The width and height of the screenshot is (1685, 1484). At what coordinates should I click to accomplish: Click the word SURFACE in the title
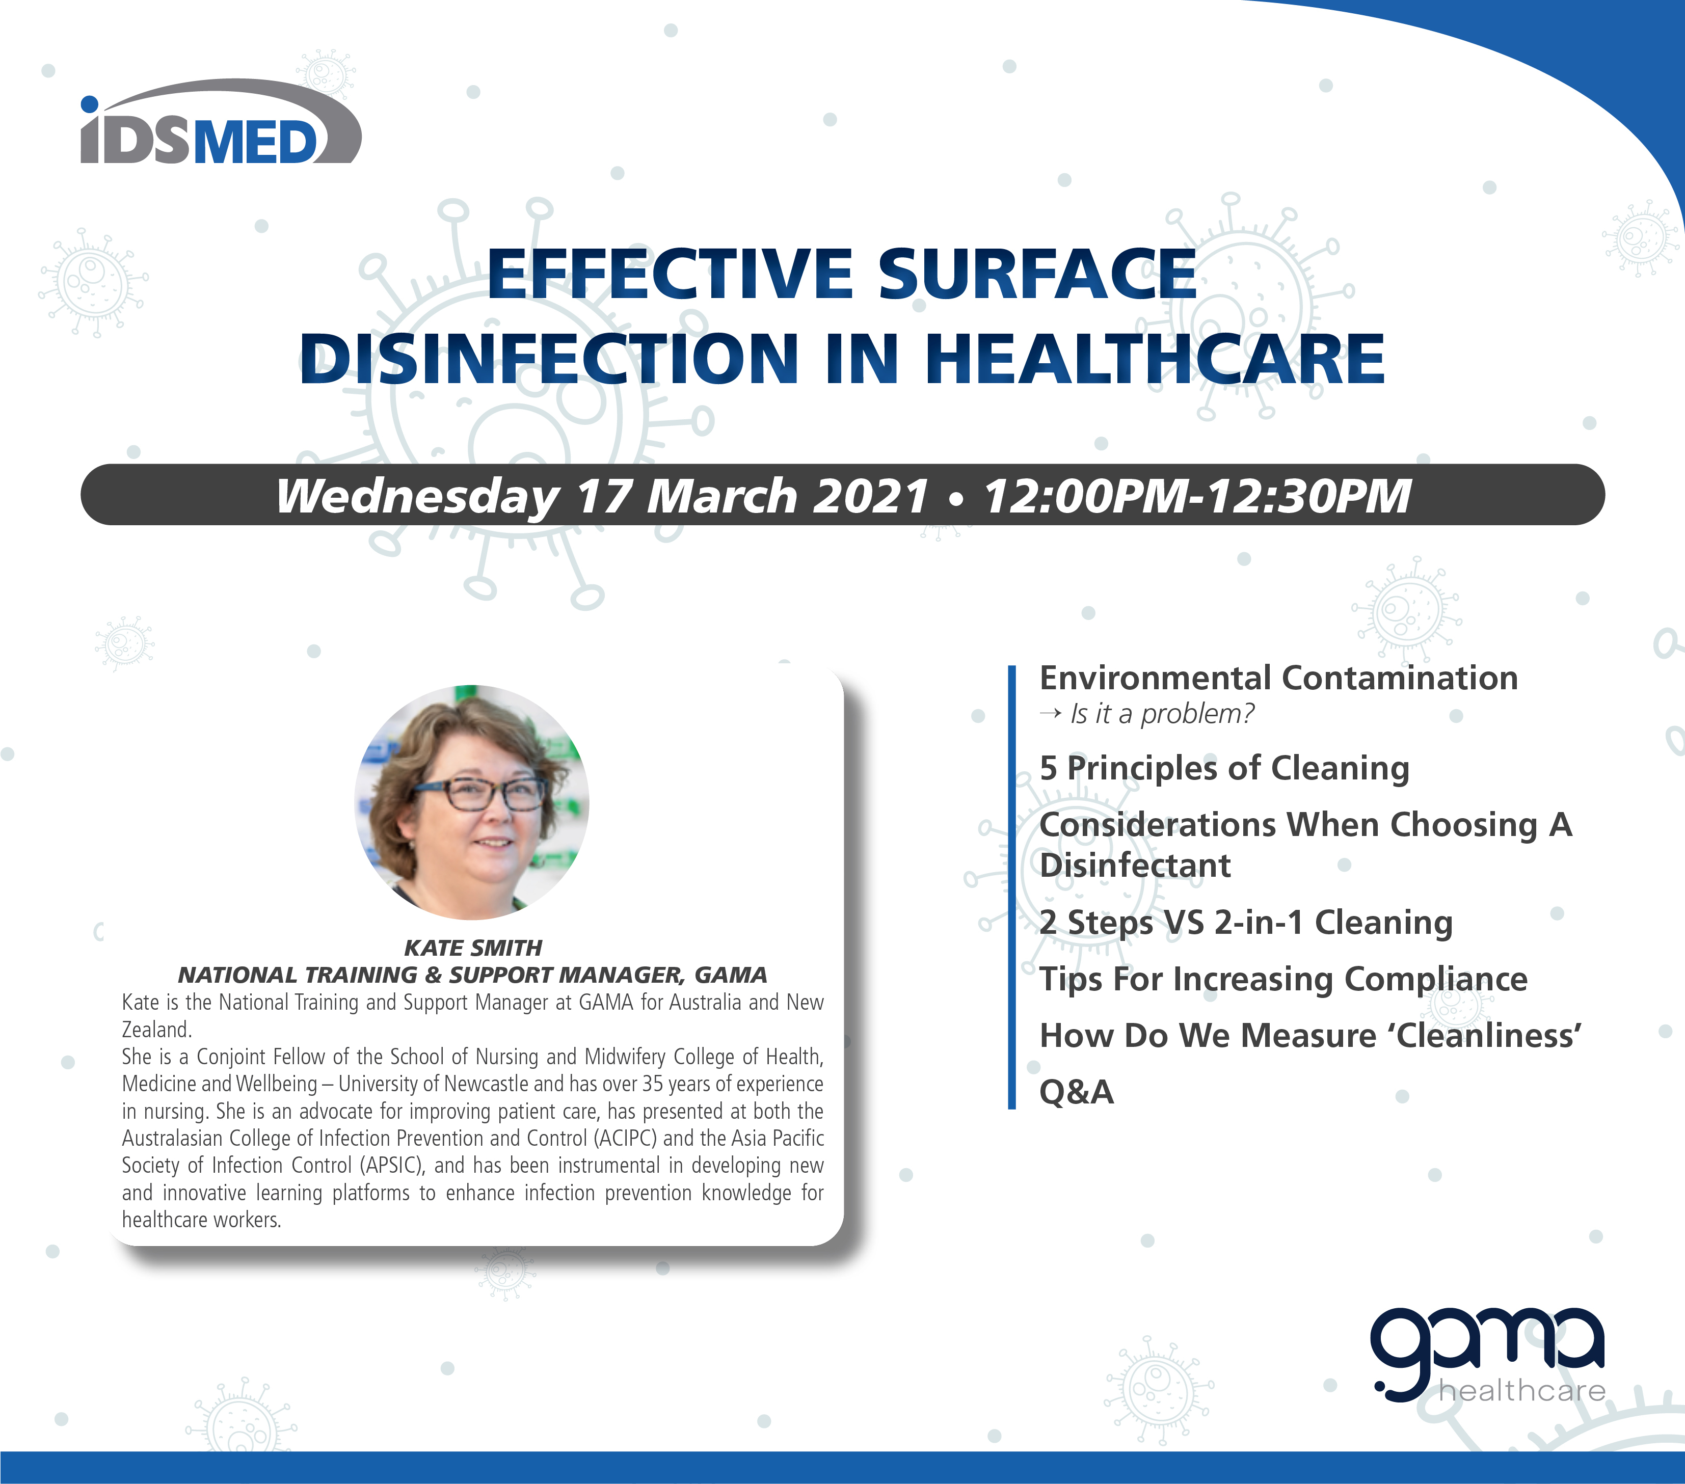pos(1036,275)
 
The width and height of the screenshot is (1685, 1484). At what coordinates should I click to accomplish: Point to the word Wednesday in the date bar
pos(418,496)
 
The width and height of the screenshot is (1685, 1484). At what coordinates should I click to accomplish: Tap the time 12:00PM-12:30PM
pos(1197,496)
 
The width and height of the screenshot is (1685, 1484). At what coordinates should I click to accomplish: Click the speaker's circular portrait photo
pos(471,802)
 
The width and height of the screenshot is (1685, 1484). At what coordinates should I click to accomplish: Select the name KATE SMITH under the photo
pos(473,947)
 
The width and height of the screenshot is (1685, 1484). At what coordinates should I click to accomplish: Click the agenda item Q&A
pos(1077,1092)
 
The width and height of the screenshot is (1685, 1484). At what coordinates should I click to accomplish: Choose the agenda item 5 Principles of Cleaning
pos(1224,768)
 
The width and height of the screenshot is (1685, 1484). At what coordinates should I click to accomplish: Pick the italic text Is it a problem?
pos(1162,714)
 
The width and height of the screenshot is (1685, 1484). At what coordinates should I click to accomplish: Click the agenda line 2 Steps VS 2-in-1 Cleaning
pos(1246,923)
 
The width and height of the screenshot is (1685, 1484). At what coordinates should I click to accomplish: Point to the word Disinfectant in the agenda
pos(1135,866)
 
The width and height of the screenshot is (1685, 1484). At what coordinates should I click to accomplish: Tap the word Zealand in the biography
pos(156,1030)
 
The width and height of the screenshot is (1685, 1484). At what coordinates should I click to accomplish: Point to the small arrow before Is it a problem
pos(1050,714)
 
